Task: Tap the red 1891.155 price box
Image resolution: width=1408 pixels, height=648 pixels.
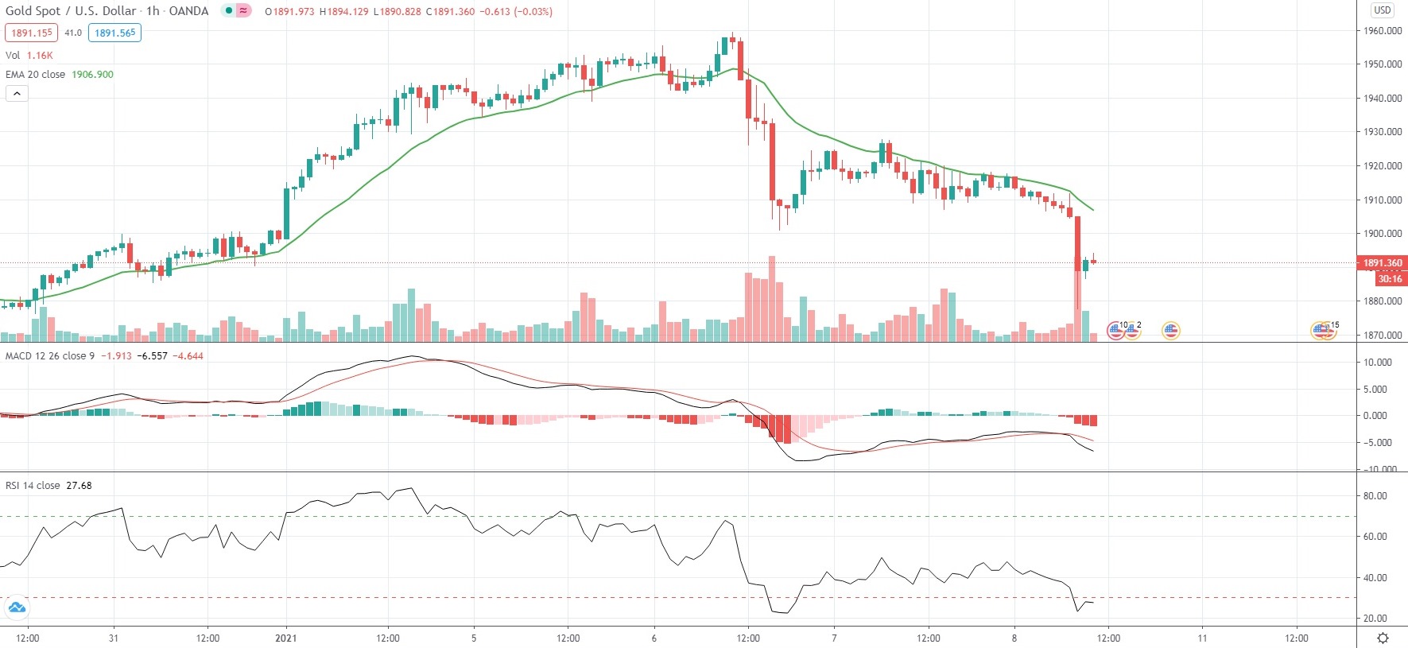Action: coord(32,33)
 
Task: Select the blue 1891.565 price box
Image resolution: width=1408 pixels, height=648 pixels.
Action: coord(115,33)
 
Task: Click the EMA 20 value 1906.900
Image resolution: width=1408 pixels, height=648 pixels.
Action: coord(92,74)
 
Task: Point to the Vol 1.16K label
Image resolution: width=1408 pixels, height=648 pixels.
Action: coord(29,55)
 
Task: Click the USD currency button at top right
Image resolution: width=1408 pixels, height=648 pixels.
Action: coord(1382,10)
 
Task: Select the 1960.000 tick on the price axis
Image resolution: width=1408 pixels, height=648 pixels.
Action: coord(1383,31)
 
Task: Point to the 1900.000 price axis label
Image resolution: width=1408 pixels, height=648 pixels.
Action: coord(1383,234)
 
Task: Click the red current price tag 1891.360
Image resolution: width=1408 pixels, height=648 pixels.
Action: coord(1383,262)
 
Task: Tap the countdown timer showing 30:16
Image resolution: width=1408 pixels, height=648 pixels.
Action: coord(1390,278)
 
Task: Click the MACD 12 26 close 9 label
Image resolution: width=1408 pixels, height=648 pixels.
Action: coord(49,355)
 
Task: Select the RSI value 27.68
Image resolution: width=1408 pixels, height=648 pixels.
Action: coord(79,485)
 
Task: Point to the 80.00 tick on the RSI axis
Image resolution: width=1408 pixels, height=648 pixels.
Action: coord(1375,495)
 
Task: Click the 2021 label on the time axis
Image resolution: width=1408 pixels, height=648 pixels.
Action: coord(285,638)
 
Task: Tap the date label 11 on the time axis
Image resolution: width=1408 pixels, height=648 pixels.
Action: coord(1202,638)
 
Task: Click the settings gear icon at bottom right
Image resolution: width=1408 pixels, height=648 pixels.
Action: coord(1383,638)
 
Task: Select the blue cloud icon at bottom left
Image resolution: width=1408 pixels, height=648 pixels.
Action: coord(16,608)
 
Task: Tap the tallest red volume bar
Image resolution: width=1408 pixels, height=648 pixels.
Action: coord(771,298)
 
